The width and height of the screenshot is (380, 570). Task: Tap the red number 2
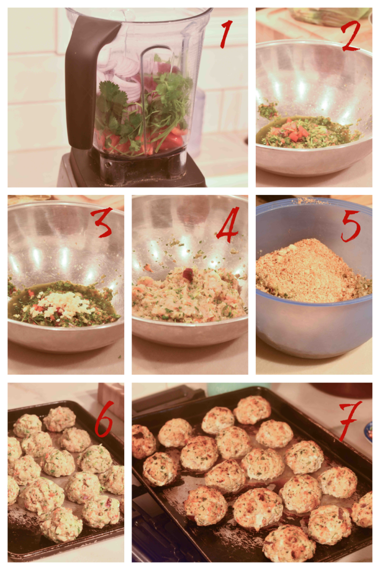coord(351,35)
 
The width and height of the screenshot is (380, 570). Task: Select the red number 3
coord(102,223)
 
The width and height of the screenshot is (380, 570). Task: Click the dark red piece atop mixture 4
coord(189,274)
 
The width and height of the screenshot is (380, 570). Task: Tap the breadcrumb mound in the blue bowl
coord(311,271)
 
